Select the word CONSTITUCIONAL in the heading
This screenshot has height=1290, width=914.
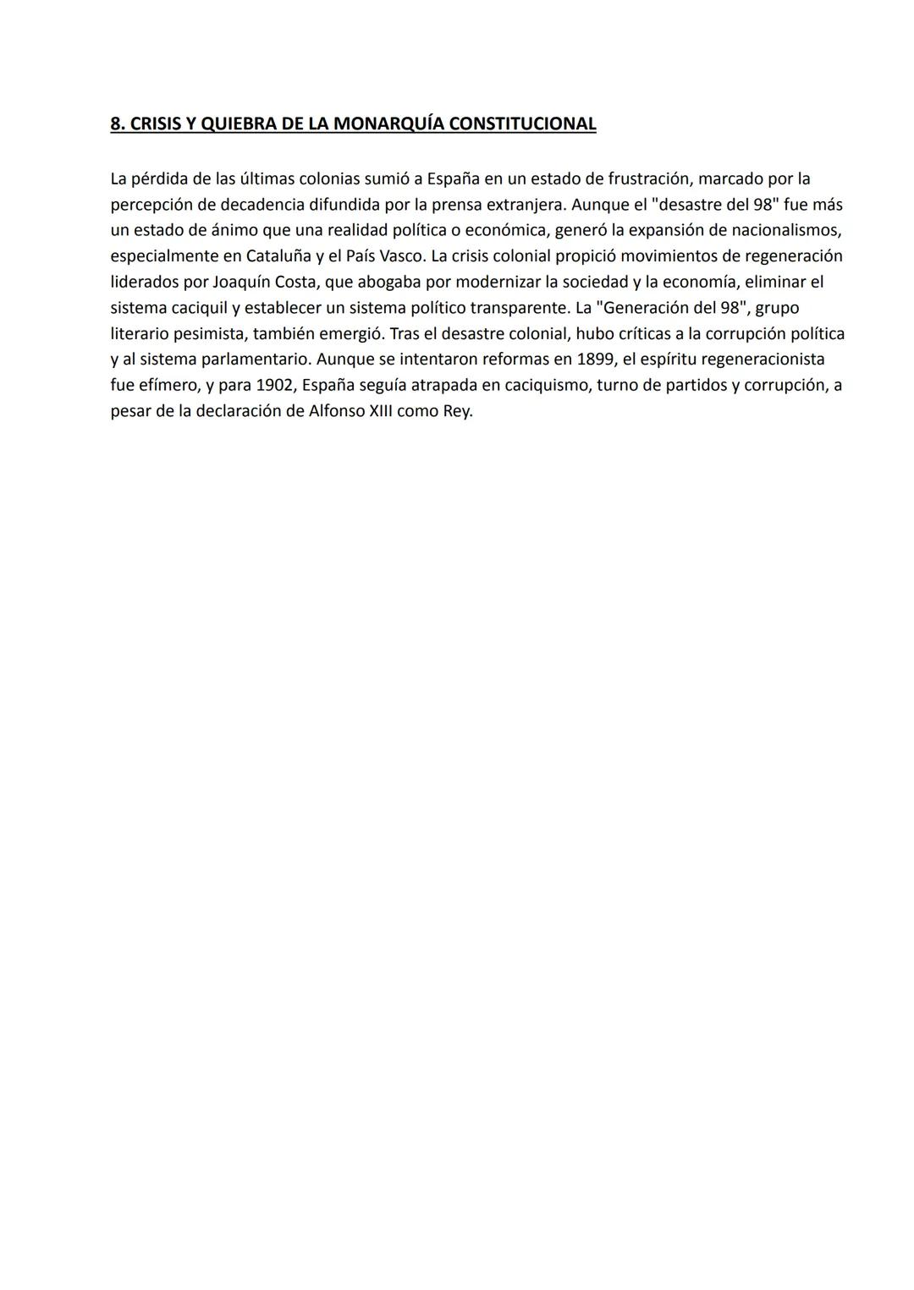522,124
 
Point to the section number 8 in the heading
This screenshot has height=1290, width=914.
115,124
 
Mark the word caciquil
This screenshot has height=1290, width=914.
199,308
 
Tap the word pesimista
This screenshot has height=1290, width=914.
209,334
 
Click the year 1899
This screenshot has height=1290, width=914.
596,360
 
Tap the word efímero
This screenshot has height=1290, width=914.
168,386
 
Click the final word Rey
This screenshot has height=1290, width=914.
458,412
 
